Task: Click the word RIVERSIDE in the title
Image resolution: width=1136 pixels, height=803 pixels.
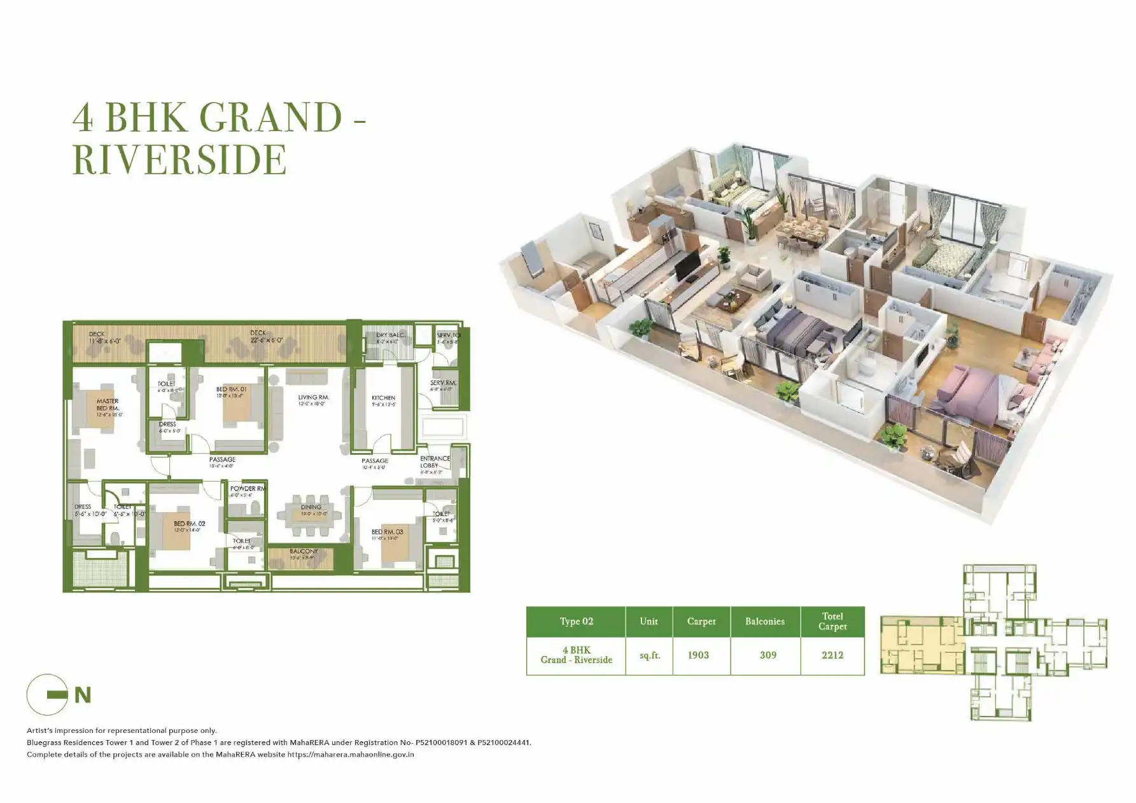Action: click(179, 159)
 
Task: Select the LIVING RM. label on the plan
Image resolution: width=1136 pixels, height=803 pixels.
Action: click(313, 398)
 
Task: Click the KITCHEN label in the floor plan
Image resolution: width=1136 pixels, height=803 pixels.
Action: click(383, 398)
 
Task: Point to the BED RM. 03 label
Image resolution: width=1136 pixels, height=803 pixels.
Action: click(387, 532)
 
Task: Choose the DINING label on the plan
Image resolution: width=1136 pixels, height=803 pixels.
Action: click(311, 507)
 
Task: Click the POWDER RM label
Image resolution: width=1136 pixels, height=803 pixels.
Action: click(247, 489)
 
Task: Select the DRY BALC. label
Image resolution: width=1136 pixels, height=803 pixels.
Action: click(389, 335)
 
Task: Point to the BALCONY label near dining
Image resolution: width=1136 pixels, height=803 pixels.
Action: click(304, 552)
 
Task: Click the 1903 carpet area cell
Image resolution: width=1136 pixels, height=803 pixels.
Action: click(698, 655)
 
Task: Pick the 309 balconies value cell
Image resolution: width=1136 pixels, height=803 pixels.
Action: click(768, 655)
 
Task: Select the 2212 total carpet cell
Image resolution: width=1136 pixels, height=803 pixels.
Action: click(832, 655)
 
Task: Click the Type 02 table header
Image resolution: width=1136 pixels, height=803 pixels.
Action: click(576, 622)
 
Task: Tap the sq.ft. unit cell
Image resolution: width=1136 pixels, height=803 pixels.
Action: click(649, 655)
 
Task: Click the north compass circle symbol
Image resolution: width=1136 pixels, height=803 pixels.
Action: click(47, 695)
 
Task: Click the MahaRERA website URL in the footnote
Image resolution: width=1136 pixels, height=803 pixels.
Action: click(350, 755)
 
